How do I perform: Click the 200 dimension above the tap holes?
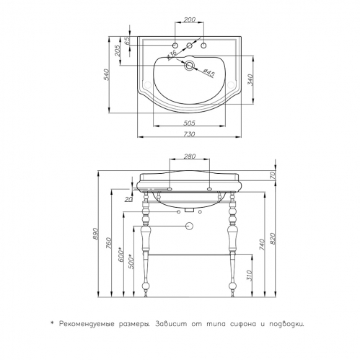(x=190, y=19)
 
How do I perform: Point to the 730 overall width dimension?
(x=189, y=134)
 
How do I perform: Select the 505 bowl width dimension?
(x=189, y=123)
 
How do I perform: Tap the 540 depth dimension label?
(x=106, y=74)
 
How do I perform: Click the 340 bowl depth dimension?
(x=250, y=80)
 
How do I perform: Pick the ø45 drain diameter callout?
(x=208, y=73)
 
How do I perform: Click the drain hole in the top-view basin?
(x=189, y=66)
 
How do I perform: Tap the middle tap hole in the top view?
(x=190, y=45)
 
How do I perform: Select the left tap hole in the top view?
(x=175, y=45)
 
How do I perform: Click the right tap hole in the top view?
(x=204, y=45)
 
